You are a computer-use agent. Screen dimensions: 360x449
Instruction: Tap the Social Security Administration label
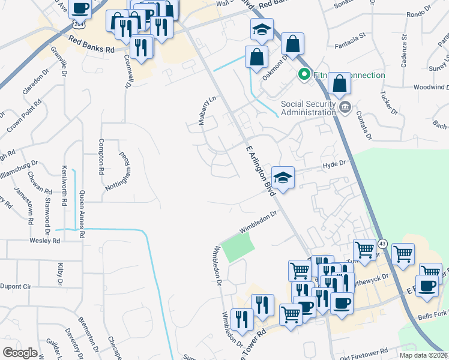(x=308, y=107)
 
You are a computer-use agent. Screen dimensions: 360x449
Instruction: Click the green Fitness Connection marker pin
(x=304, y=75)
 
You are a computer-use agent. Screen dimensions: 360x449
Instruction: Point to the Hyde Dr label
(x=335, y=163)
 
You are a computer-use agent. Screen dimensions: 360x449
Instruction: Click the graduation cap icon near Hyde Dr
(x=283, y=178)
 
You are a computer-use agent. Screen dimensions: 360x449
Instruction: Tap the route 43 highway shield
(x=382, y=244)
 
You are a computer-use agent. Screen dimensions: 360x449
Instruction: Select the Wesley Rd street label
(x=46, y=241)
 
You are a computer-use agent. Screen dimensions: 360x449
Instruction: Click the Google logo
(x=20, y=353)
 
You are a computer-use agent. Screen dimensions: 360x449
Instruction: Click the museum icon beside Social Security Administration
(x=345, y=108)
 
